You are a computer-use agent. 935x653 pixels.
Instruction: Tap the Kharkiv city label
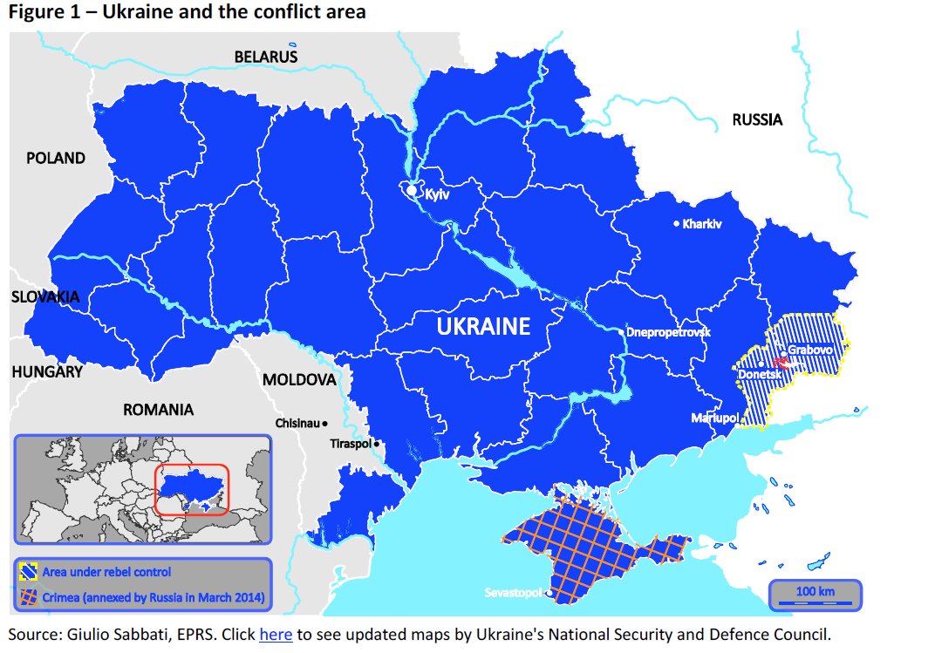[702, 224]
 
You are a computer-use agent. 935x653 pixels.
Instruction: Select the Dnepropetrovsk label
[669, 332]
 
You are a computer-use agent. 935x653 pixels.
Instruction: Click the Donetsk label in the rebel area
[759, 374]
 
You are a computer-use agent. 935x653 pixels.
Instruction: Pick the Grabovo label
[810, 350]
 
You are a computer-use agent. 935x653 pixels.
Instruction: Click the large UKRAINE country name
[482, 327]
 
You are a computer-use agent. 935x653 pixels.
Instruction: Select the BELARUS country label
[265, 57]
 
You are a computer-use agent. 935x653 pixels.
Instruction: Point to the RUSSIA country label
[756, 119]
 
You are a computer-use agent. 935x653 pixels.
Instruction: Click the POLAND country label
[56, 158]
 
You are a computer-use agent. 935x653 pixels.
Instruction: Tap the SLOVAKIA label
[45, 296]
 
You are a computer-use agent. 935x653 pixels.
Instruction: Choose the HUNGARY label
[47, 371]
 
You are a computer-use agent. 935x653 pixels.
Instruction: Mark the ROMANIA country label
[158, 409]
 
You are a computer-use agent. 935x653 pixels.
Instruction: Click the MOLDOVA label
[299, 380]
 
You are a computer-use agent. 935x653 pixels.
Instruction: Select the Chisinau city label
[297, 423]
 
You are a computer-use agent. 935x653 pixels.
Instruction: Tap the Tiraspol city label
[351, 444]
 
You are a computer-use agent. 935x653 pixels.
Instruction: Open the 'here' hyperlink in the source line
[276, 635]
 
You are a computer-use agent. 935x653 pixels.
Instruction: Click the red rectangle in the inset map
[192, 489]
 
